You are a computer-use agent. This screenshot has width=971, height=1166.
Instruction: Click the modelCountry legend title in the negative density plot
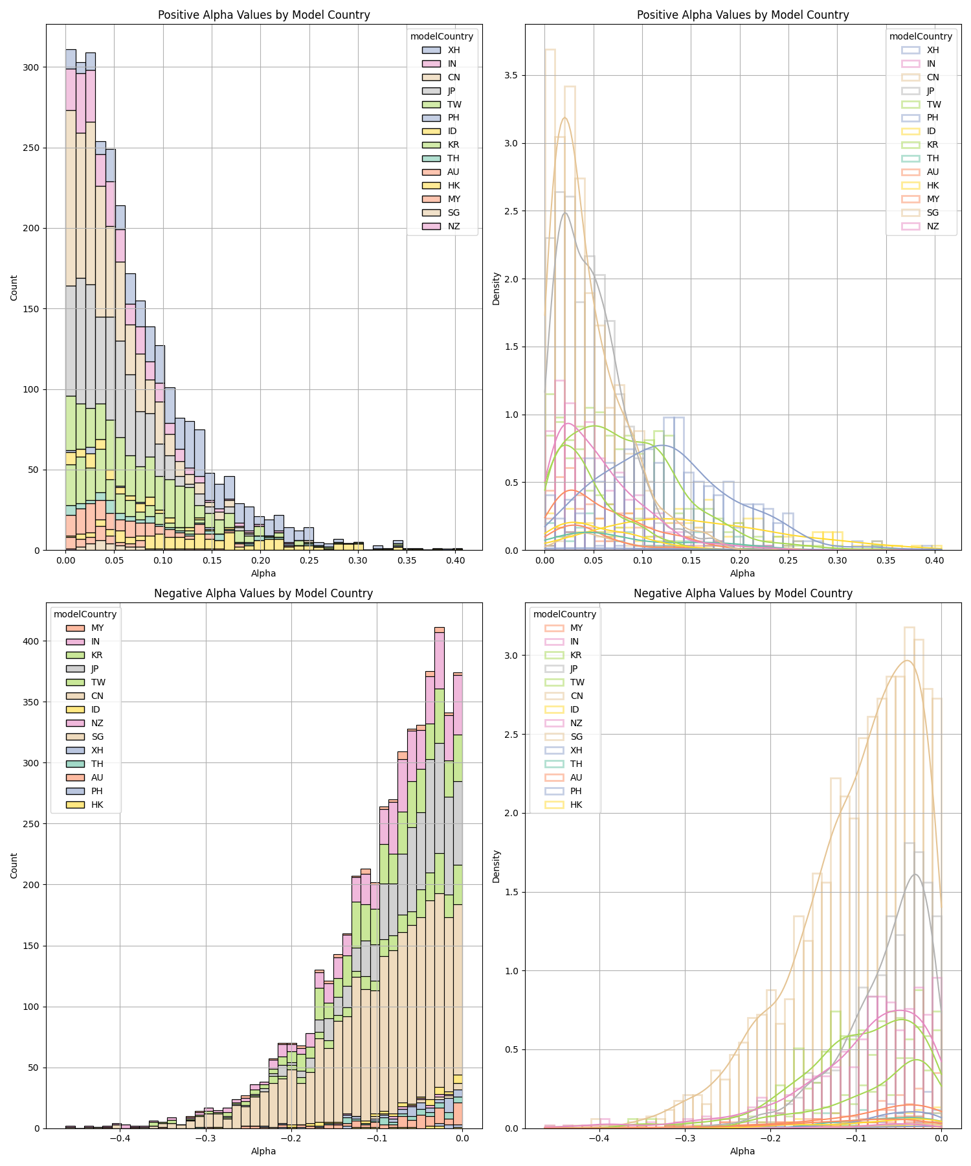[x=564, y=614]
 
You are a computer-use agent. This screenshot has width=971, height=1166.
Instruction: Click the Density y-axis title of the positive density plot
[x=497, y=288]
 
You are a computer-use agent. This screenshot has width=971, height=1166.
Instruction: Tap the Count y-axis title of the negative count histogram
[x=14, y=865]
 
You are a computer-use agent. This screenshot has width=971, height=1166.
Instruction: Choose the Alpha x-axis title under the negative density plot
[x=742, y=1151]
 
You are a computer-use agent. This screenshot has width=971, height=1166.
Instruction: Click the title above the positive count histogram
[x=263, y=15]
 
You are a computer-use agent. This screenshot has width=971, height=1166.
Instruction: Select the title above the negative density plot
[x=742, y=593]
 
